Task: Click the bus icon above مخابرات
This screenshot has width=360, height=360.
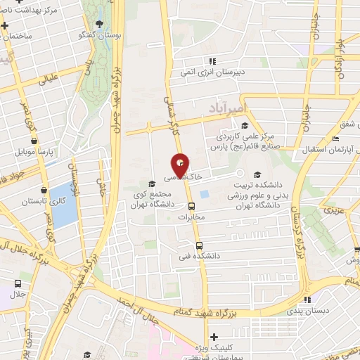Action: [191, 206]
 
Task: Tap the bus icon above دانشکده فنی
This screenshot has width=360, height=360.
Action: [200, 245]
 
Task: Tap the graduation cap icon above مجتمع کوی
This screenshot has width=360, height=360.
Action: [153, 184]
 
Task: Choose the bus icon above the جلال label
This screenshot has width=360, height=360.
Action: [18, 283]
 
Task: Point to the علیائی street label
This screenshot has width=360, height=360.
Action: [48, 79]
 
